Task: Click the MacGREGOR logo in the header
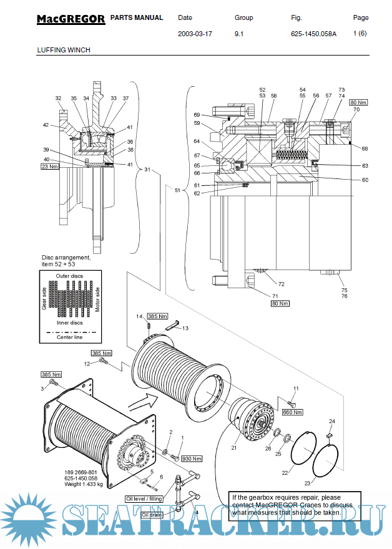(x=71, y=19)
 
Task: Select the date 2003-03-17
(x=195, y=34)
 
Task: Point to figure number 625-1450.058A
(x=313, y=34)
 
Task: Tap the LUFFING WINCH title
(x=64, y=50)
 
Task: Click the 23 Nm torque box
(x=49, y=167)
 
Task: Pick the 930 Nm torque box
(x=192, y=459)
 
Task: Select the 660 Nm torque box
(x=293, y=412)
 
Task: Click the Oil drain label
(x=152, y=515)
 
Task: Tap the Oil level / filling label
(x=144, y=498)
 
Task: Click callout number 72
(x=281, y=284)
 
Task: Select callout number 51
(x=177, y=190)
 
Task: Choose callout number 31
(x=147, y=169)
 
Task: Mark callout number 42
(x=46, y=125)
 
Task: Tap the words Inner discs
(x=70, y=323)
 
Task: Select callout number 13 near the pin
(x=185, y=328)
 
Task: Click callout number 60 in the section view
(x=365, y=180)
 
